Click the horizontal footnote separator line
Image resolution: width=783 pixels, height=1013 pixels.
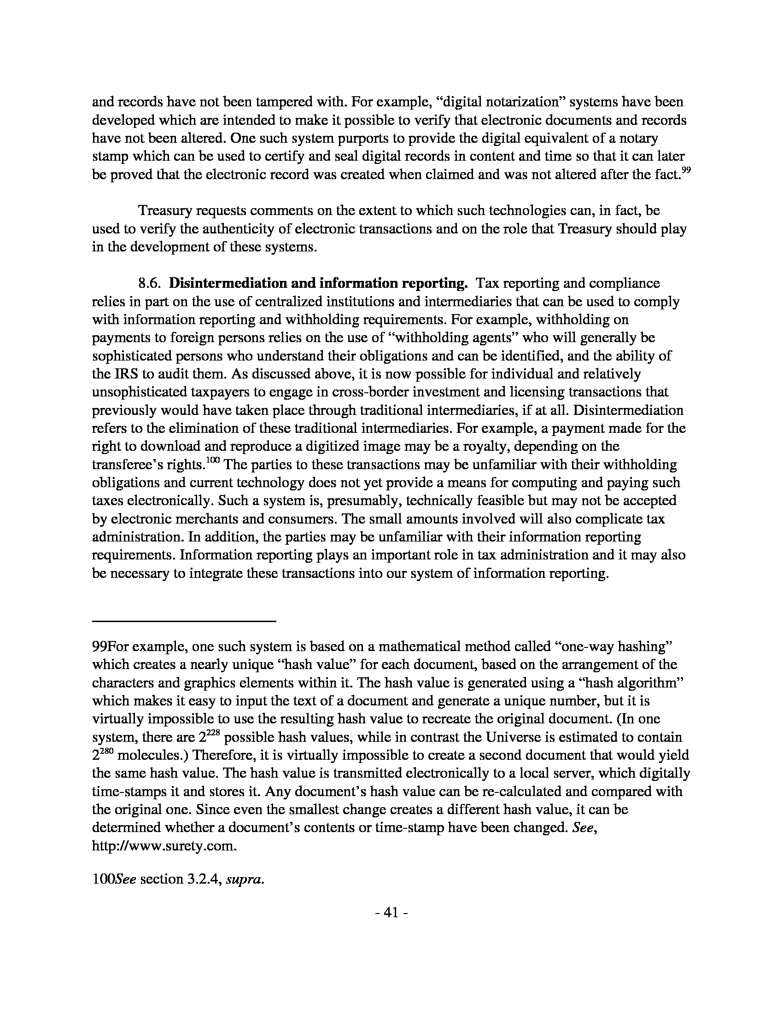[184, 621]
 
